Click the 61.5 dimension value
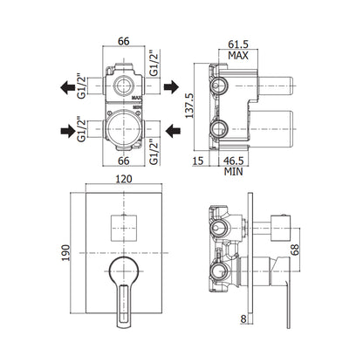238,45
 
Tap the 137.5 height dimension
189,106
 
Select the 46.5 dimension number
233,161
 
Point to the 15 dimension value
198,161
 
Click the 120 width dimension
124,179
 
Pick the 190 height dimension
65,252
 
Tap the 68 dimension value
295,250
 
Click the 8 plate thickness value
243,319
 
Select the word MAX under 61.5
238,55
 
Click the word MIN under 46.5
233,171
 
